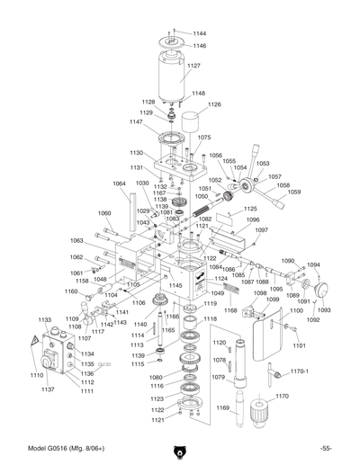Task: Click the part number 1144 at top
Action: (199, 33)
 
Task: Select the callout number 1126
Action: (214, 104)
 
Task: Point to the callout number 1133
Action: (43, 319)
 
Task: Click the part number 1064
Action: (119, 183)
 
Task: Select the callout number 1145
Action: (175, 285)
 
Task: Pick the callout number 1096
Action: (253, 219)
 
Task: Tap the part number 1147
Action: (135, 122)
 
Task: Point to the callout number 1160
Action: (71, 291)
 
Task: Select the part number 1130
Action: (136, 153)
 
